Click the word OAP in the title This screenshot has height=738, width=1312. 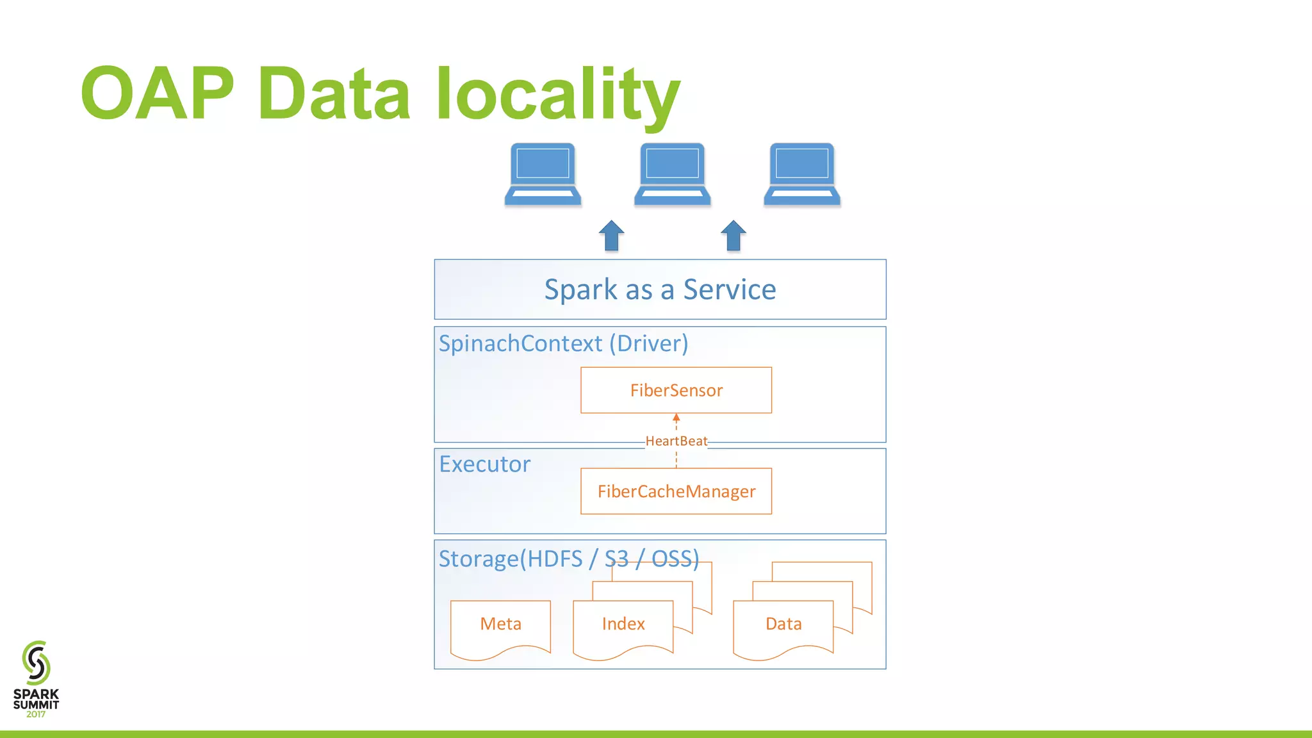point(157,94)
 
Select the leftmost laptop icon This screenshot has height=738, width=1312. point(543,174)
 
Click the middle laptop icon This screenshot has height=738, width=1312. point(672,174)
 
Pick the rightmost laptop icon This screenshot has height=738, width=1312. point(801,174)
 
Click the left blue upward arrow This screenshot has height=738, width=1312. point(612,235)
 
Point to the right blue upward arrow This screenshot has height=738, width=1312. point(734,235)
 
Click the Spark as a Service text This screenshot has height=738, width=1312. point(660,290)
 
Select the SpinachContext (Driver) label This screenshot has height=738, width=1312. point(563,343)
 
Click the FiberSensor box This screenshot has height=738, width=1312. point(676,390)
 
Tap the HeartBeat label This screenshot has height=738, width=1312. point(676,441)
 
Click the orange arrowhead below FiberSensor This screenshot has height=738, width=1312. point(676,418)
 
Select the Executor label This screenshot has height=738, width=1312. point(485,464)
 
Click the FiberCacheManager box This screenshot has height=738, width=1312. point(676,491)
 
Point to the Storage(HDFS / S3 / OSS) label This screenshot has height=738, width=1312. point(568,559)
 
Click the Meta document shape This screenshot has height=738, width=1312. point(500,624)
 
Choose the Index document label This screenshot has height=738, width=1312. point(623,624)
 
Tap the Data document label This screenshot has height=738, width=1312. point(783,624)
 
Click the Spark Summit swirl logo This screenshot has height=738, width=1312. point(36,662)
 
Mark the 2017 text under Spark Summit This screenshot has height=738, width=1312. point(36,714)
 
